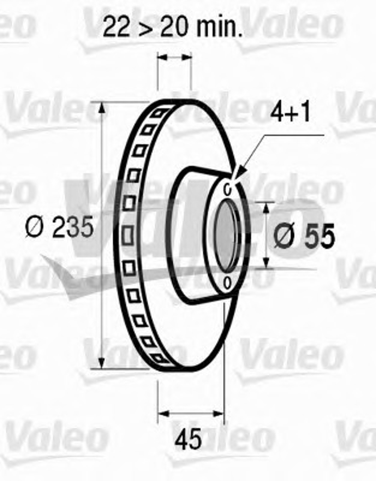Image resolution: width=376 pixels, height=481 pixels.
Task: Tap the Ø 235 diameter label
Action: click(x=59, y=227)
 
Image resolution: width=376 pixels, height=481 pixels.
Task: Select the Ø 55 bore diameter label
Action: click(x=304, y=235)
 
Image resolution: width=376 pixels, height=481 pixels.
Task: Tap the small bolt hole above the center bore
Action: click(x=228, y=189)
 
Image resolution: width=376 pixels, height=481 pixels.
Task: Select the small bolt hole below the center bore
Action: click(x=227, y=283)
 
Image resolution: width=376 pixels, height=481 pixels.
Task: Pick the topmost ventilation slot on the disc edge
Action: click(x=159, y=113)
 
